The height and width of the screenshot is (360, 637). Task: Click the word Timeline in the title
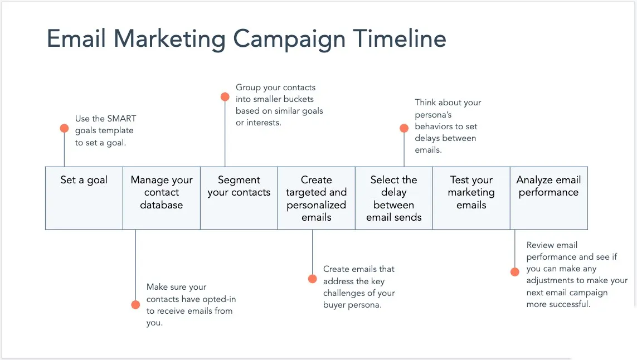400,39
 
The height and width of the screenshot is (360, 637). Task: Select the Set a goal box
84,197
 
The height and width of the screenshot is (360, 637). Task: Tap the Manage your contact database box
162,197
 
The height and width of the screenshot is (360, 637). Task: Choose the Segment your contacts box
239,197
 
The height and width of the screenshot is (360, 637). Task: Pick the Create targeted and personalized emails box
316,198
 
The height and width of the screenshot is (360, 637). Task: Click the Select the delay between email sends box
393,198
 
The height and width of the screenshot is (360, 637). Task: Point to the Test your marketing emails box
471,197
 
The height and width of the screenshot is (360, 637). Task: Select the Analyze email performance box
548,197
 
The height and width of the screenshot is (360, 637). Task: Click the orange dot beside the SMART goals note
64,128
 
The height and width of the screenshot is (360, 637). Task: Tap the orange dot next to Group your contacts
225,96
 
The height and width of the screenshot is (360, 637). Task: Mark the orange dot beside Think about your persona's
404,128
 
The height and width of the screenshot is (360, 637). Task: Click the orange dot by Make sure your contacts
135,304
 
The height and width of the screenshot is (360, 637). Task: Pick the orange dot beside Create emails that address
312,278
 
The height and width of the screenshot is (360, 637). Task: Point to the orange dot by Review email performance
514,272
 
